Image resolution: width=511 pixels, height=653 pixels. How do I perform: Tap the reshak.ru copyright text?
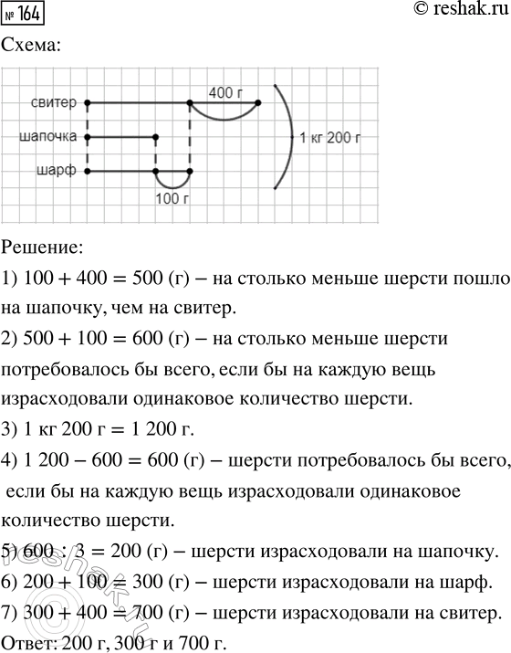[x=454, y=13]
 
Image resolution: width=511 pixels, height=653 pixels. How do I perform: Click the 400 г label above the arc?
[x=225, y=92]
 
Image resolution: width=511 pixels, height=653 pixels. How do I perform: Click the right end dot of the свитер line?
[x=258, y=103]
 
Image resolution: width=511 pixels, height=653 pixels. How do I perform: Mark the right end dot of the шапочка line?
[x=155, y=137]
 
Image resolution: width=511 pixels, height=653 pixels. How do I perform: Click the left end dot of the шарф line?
[x=88, y=171]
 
